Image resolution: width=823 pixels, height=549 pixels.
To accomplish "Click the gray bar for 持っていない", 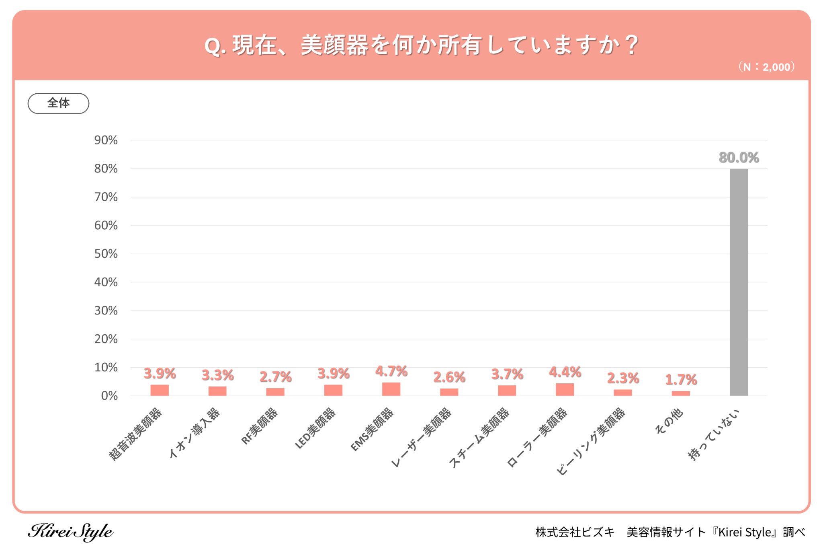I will (x=739, y=282).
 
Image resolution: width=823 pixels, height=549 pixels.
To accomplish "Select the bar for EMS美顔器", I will (x=391, y=389).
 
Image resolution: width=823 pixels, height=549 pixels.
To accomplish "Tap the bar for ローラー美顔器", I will (x=565, y=389).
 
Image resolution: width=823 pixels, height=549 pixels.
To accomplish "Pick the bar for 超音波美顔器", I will (x=160, y=390).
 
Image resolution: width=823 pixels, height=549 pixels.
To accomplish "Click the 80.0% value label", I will (x=739, y=157).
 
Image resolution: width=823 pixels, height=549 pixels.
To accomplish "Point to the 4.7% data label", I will (x=391, y=371).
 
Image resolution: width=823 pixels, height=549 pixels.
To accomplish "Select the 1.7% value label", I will (x=681, y=379).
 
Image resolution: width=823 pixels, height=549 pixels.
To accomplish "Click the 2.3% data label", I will (x=623, y=378).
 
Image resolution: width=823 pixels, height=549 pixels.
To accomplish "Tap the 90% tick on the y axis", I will (x=106, y=140).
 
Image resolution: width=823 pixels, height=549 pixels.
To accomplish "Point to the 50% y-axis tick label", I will (x=106, y=254).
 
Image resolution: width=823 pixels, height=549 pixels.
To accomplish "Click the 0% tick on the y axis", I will (x=109, y=396).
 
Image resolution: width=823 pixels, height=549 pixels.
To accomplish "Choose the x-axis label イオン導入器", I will (x=195, y=433).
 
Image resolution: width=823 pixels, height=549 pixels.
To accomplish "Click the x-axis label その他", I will (x=669, y=421).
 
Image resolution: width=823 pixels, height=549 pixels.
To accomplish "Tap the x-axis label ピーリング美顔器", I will (x=591, y=441).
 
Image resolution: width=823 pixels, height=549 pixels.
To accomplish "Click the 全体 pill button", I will (x=58, y=103).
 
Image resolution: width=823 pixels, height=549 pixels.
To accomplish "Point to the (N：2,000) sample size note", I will (x=766, y=67).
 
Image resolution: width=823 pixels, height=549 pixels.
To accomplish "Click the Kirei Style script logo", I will (x=71, y=532).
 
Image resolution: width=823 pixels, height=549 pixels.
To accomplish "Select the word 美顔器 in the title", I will (x=334, y=45).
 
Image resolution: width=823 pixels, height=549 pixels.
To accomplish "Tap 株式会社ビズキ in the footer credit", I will (x=575, y=532).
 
